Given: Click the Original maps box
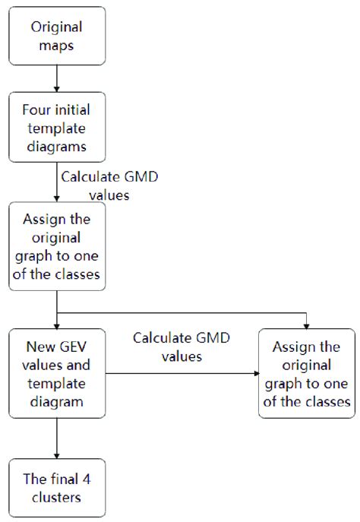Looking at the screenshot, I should [57, 36].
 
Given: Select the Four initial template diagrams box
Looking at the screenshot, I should [57, 128].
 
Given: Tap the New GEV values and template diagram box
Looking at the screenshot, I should [57, 373].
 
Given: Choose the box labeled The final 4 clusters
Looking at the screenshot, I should [57, 487].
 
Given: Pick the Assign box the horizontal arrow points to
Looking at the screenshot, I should [306, 373].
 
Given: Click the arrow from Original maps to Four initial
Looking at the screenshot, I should [57, 78].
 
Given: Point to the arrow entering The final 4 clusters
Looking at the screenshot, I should [57, 437].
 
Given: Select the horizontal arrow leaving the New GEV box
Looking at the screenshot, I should [182, 373].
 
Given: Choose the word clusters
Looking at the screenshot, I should [57, 497].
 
